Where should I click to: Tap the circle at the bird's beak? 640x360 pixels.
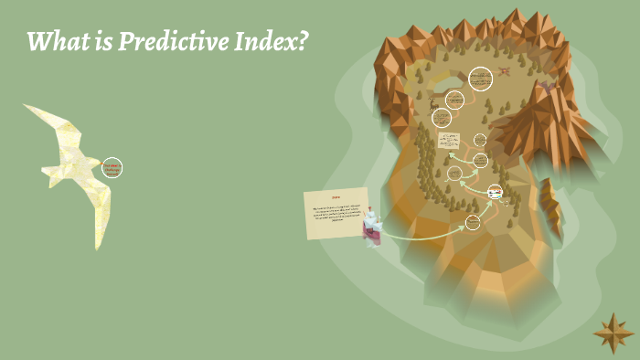(x=112, y=168)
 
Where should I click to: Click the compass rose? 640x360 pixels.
(x=613, y=333)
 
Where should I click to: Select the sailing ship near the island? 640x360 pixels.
(x=371, y=226)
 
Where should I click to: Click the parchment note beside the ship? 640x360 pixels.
(x=336, y=213)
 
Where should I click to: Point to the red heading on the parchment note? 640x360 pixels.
(x=336, y=197)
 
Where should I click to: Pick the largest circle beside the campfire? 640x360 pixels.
(x=480, y=79)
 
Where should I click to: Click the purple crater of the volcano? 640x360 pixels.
(x=546, y=86)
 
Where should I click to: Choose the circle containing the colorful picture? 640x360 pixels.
(x=495, y=192)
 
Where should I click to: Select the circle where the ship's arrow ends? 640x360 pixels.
(x=473, y=222)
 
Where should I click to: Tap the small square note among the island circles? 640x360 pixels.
(x=448, y=140)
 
